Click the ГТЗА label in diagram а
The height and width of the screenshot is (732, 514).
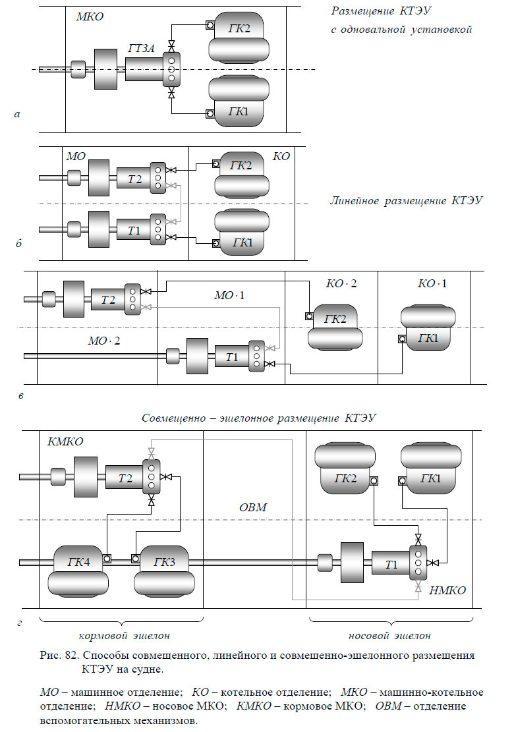click(x=142, y=48)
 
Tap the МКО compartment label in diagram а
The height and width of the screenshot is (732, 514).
click(x=90, y=16)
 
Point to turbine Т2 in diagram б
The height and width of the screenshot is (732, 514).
click(x=133, y=178)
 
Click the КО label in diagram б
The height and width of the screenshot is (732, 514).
click(x=281, y=157)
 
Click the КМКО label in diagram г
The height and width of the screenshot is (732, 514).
click(x=65, y=441)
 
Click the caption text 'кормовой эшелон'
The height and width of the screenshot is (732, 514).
click(x=124, y=636)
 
